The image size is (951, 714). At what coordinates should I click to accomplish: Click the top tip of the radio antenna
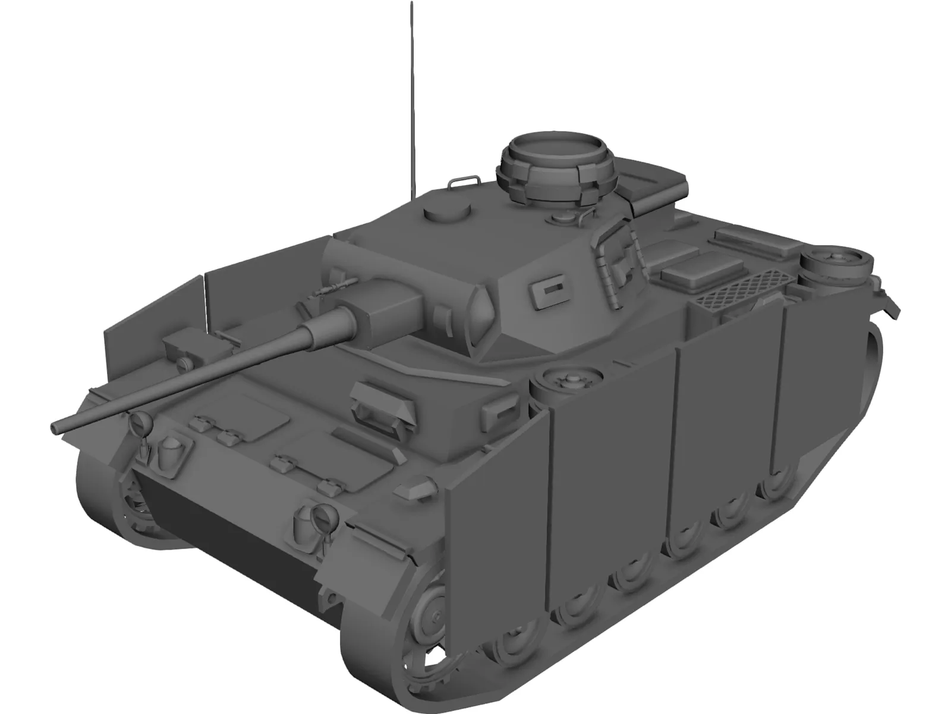[x=411, y=5]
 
